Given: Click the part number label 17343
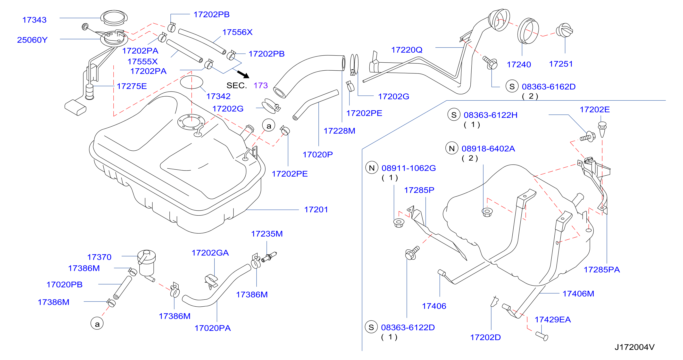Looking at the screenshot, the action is [34, 20].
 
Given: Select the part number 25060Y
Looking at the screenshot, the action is [32, 40].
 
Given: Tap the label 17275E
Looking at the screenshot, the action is [132, 86].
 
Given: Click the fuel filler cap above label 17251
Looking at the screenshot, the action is [564, 31].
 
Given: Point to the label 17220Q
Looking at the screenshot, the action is [407, 50].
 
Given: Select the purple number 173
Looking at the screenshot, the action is [261, 85].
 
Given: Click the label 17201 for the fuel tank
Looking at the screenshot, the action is [316, 210].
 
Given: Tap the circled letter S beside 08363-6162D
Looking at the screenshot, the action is [512, 86].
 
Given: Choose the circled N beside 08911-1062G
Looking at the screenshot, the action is [372, 168].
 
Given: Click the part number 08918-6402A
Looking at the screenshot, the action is [488, 149].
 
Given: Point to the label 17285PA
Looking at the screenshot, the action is [602, 270].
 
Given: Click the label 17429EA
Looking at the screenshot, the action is [553, 320].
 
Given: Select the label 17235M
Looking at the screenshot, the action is [267, 234].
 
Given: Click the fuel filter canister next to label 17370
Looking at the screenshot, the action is [147, 262].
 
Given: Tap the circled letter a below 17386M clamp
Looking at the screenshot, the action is [97, 324].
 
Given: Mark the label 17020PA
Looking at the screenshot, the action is [213, 328].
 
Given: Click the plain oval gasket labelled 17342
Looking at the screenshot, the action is [192, 82].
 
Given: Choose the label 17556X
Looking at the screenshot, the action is [237, 32].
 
